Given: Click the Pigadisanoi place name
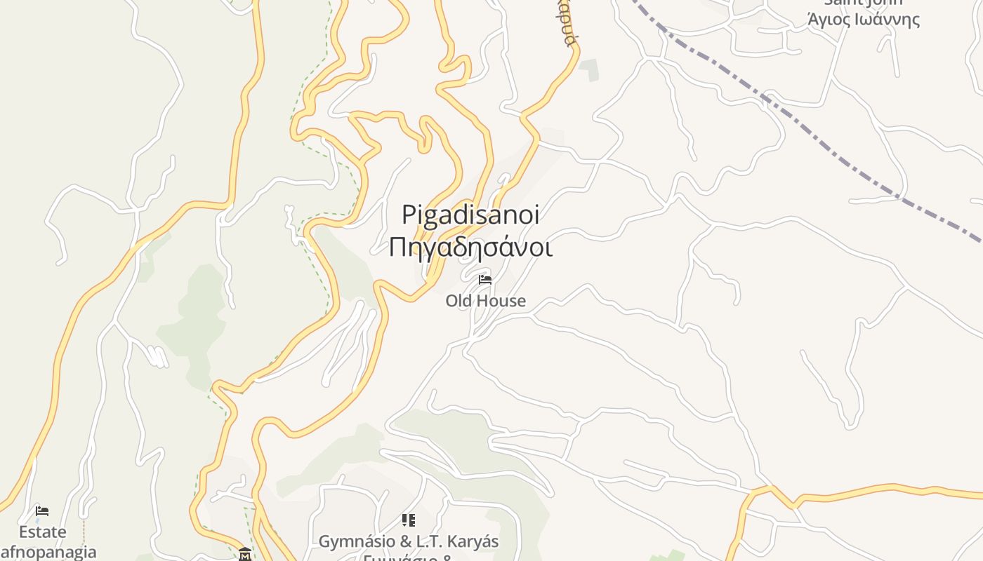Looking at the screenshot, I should (470, 215).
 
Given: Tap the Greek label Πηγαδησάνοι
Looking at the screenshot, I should (470, 248).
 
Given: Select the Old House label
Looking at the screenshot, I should (485, 301).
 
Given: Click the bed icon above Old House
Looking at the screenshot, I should (484, 280).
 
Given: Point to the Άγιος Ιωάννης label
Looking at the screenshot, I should (863, 20).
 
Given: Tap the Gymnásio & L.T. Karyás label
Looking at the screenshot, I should (408, 541).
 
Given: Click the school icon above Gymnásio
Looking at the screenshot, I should (408, 520).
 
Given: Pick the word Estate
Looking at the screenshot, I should (42, 532).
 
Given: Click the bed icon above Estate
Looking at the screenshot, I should (42, 511).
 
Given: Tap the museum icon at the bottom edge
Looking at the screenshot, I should (244, 553).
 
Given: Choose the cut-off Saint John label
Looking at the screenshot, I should (863, 3).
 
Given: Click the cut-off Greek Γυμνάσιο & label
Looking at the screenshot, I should (408, 557).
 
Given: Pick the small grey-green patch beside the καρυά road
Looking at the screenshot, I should (589, 69).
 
